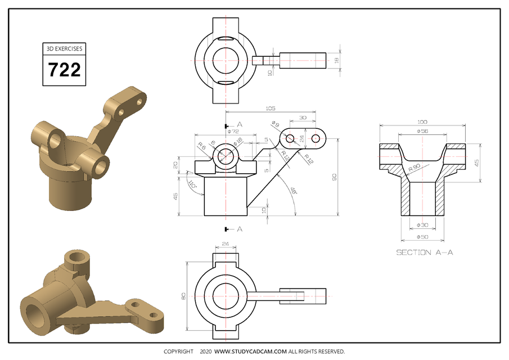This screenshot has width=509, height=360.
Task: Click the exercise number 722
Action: click(64, 70)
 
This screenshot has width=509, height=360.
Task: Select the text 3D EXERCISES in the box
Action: click(64, 49)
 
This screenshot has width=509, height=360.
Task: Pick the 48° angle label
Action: click(293, 191)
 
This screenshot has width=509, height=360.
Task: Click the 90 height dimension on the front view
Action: click(335, 177)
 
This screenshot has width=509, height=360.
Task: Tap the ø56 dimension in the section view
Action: click(422, 131)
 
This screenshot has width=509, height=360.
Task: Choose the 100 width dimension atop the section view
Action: click(422, 121)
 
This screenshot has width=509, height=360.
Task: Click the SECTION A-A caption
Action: click(424, 252)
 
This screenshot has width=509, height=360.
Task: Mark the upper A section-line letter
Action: click(240, 124)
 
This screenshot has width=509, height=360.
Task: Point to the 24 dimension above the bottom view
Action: click(225, 244)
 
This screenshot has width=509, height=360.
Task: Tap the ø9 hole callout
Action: click(275, 124)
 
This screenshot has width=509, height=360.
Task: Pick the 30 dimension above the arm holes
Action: click(303, 118)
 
